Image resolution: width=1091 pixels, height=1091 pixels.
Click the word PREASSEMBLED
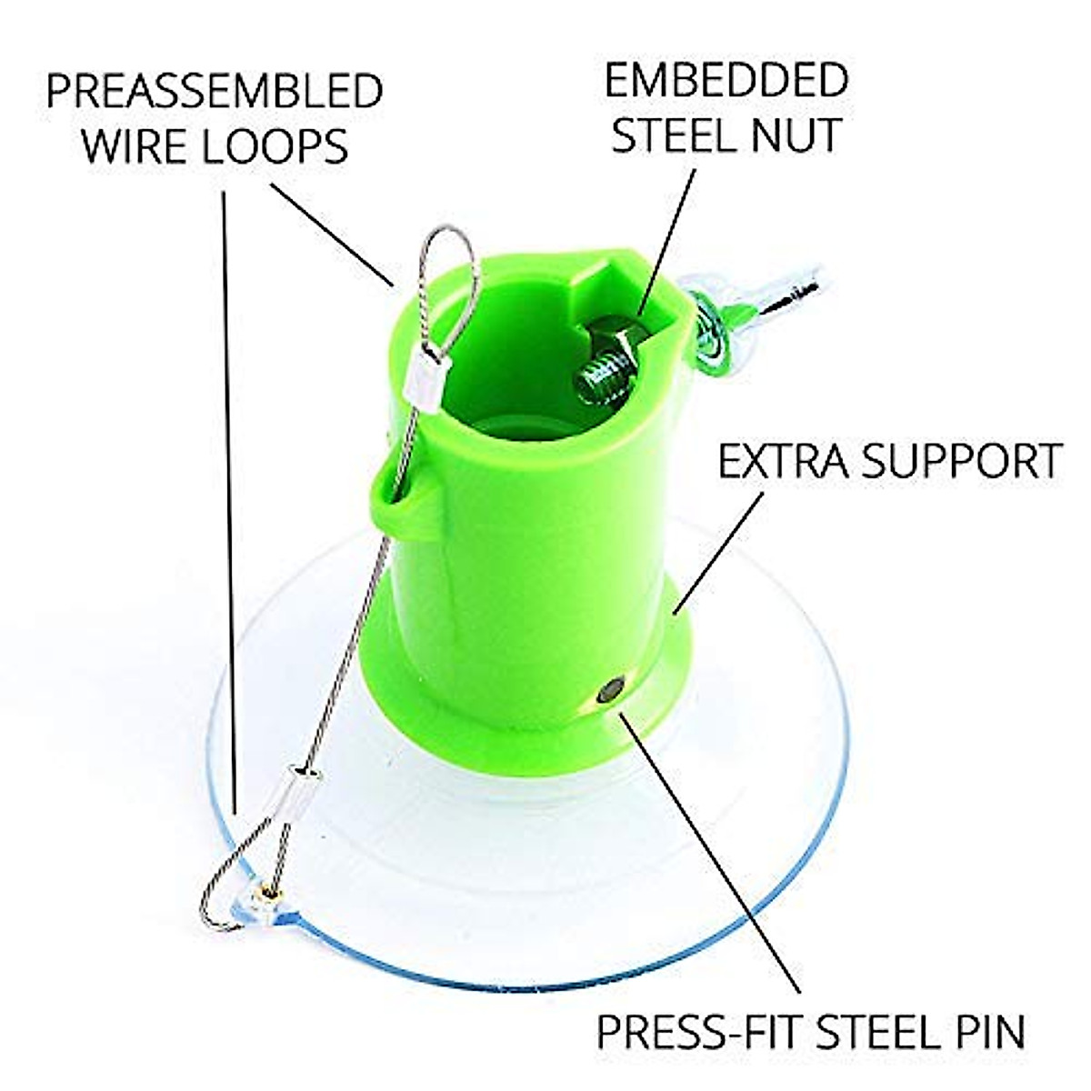click(x=215, y=92)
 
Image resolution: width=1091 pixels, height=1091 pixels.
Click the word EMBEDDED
click(x=726, y=81)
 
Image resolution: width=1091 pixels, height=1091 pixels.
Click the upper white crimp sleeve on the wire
click(x=425, y=370)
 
